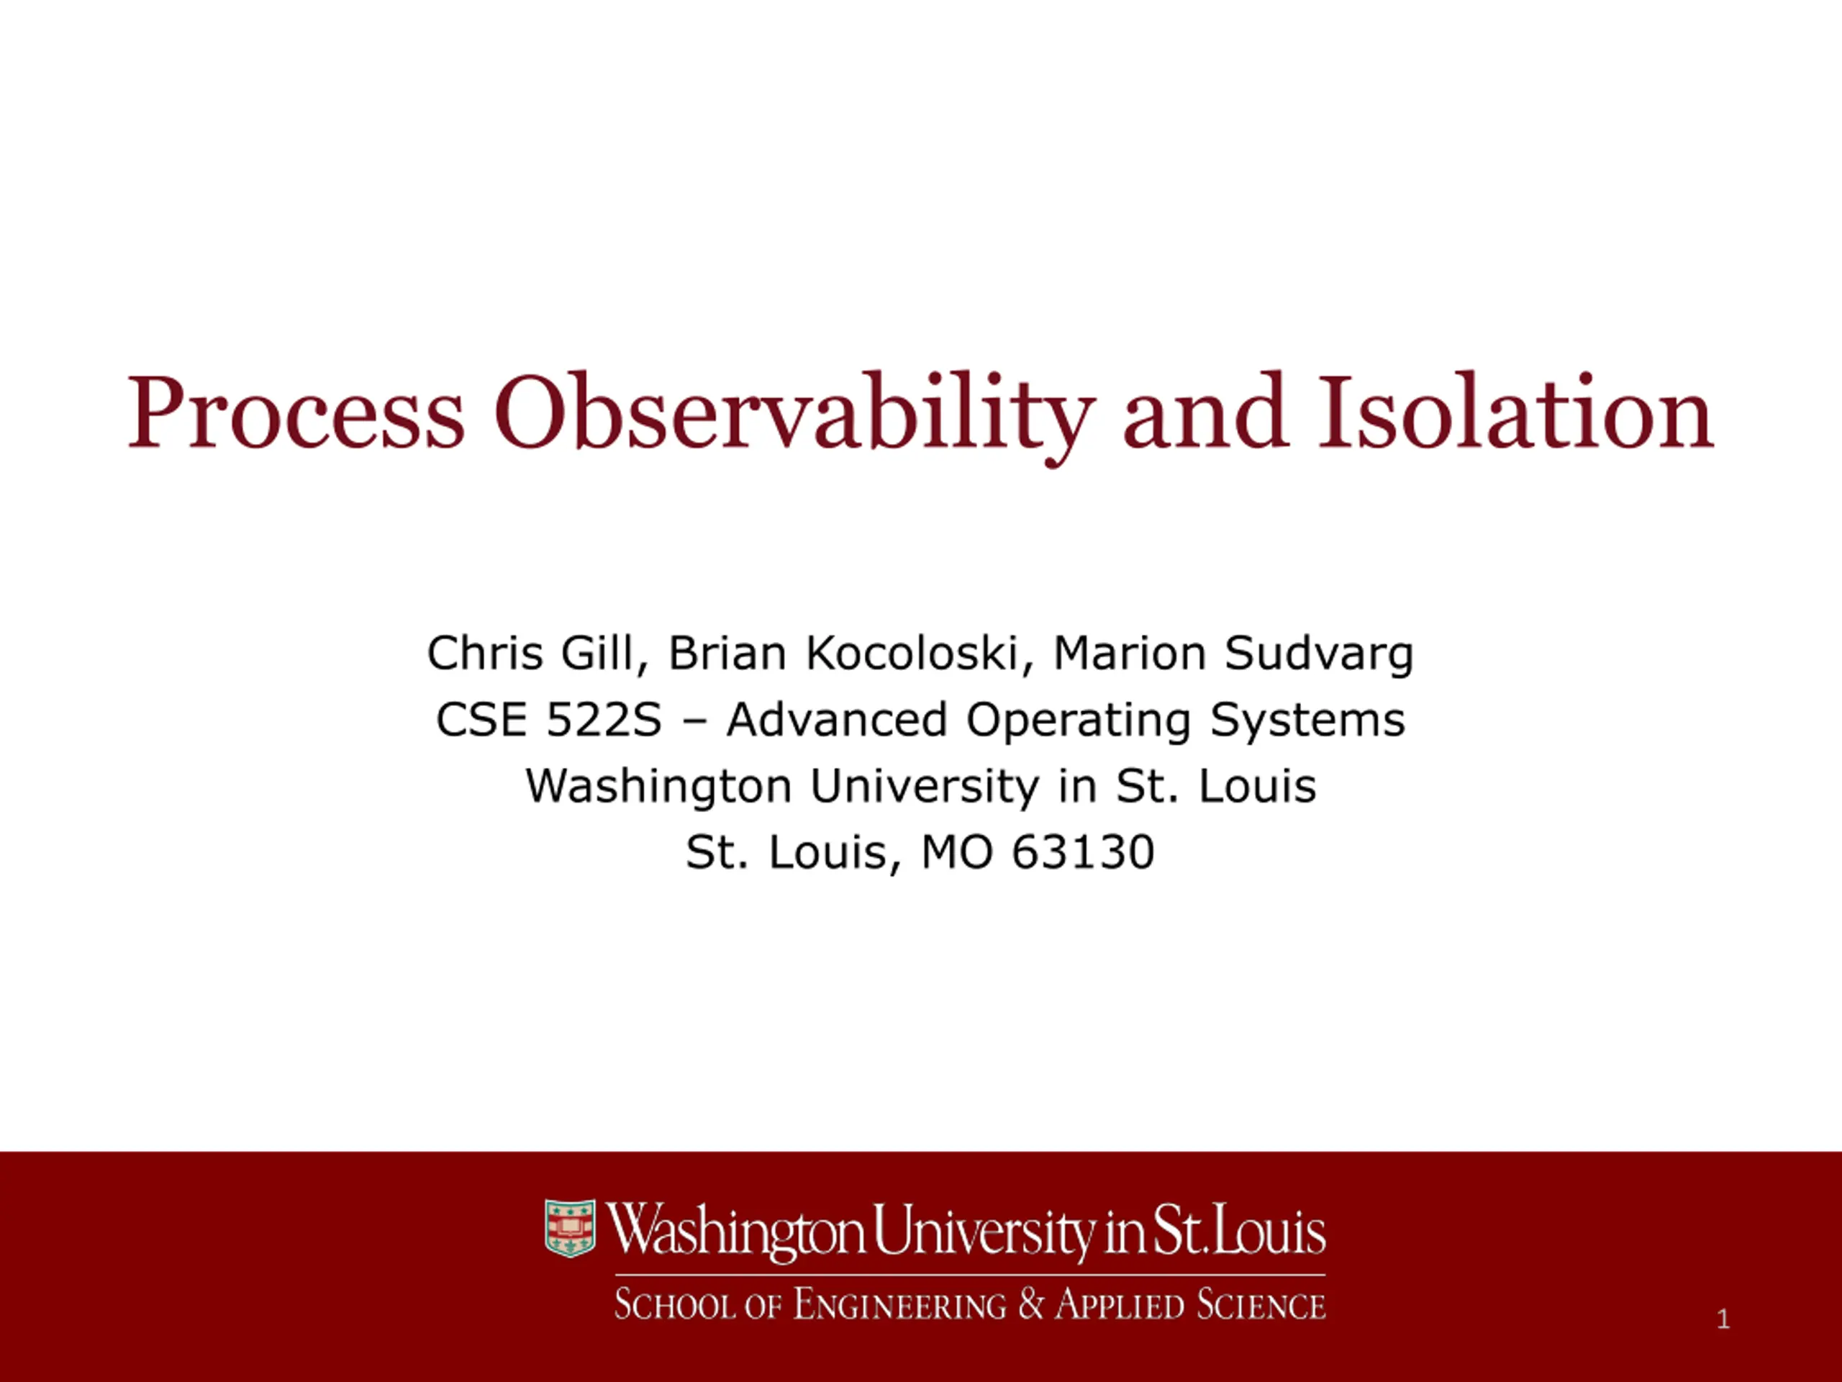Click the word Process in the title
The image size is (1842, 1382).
[x=296, y=413]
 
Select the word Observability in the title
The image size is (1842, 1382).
[x=794, y=417]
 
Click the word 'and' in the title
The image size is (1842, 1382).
[x=1206, y=412]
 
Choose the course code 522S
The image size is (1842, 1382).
[x=603, y=719]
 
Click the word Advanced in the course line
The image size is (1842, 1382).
[x=836, y=719]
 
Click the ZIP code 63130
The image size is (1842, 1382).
[x=1083, y=852]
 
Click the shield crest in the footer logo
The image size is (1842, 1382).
[x=570, y=1228]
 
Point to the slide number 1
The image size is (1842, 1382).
[x=1724, y=1319]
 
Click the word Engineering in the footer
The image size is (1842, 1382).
[x=899, y=1304]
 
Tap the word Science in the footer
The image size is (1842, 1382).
[x=1261, y=1304]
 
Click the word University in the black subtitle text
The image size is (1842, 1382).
[x=925, y=787]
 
